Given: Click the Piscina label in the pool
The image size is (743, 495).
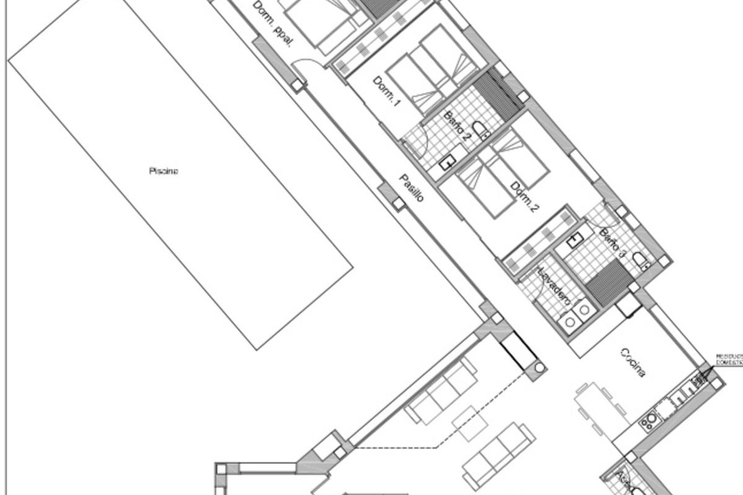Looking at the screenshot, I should click(163, 171).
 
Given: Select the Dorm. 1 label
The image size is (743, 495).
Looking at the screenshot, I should click(386, 91).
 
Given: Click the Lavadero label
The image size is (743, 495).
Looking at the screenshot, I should click(553, 286).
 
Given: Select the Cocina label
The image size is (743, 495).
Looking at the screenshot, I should click(633, 363).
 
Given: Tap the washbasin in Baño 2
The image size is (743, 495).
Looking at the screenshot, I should click(448, 162).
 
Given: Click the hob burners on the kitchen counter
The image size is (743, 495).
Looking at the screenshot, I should click(650, 421).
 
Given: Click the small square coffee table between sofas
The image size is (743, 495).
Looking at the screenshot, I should click(472, 423).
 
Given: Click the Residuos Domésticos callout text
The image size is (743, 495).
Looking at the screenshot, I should click(729, 359).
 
